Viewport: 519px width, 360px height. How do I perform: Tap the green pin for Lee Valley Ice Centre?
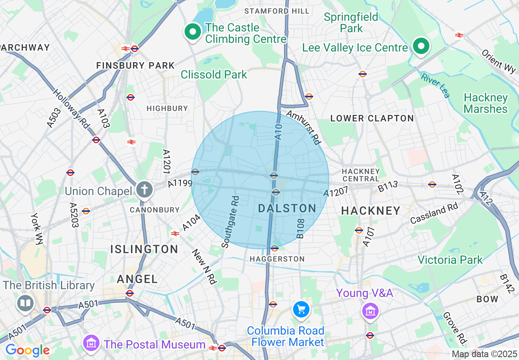421,46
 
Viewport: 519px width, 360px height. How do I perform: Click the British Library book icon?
25,303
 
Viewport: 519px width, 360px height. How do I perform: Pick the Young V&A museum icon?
370,311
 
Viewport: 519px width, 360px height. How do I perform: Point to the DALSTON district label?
287,209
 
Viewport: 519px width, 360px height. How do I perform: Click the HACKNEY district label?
371,211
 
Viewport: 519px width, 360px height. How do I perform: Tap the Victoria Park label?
450,260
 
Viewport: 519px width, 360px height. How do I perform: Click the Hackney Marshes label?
485,103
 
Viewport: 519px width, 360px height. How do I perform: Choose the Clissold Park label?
214,74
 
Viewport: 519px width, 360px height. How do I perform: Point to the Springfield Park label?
351,23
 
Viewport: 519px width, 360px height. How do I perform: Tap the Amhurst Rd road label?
303,127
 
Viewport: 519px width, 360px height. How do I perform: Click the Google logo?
27,350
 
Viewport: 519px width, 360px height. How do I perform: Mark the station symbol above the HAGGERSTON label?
275,248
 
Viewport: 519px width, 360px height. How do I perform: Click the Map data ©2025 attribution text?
485,354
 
